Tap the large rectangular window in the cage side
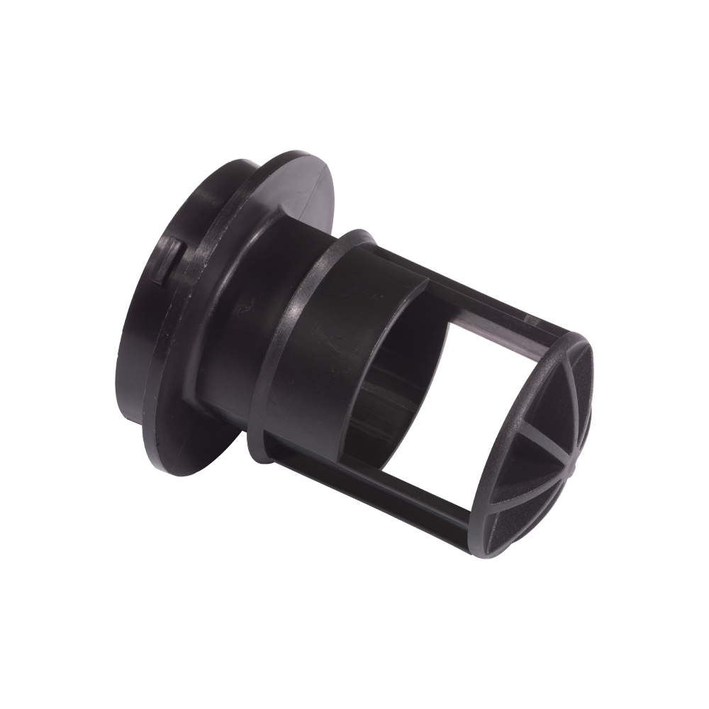click(425, 397)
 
